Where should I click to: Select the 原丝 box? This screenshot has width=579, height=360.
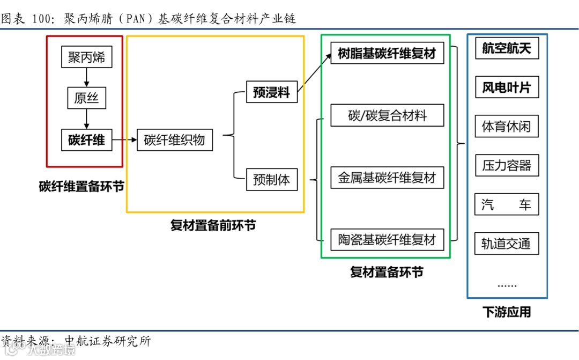(86, 99)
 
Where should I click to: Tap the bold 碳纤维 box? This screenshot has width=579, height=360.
(86, 141)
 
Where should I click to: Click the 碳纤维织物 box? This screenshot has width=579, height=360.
(175, 141)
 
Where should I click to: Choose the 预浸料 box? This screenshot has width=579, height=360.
(271, 92)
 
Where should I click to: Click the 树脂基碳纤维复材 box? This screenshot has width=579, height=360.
(387, 54)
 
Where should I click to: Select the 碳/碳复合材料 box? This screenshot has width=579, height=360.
(387, 115)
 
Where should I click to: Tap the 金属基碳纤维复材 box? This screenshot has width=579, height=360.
(387, 178)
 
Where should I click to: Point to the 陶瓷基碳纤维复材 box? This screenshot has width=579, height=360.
(387, 240)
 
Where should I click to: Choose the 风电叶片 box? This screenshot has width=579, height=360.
(506, 87)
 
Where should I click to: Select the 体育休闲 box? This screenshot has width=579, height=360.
(506, 127)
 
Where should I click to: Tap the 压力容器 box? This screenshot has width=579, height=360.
(506, 165)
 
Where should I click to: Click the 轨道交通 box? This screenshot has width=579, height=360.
(506, 244)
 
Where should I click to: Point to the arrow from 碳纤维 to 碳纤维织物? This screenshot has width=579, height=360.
(125, 141)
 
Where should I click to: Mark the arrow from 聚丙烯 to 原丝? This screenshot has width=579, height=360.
(86, 78)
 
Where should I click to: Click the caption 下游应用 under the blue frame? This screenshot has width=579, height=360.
(507, 312)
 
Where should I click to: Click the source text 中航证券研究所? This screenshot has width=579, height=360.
(107, 341)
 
